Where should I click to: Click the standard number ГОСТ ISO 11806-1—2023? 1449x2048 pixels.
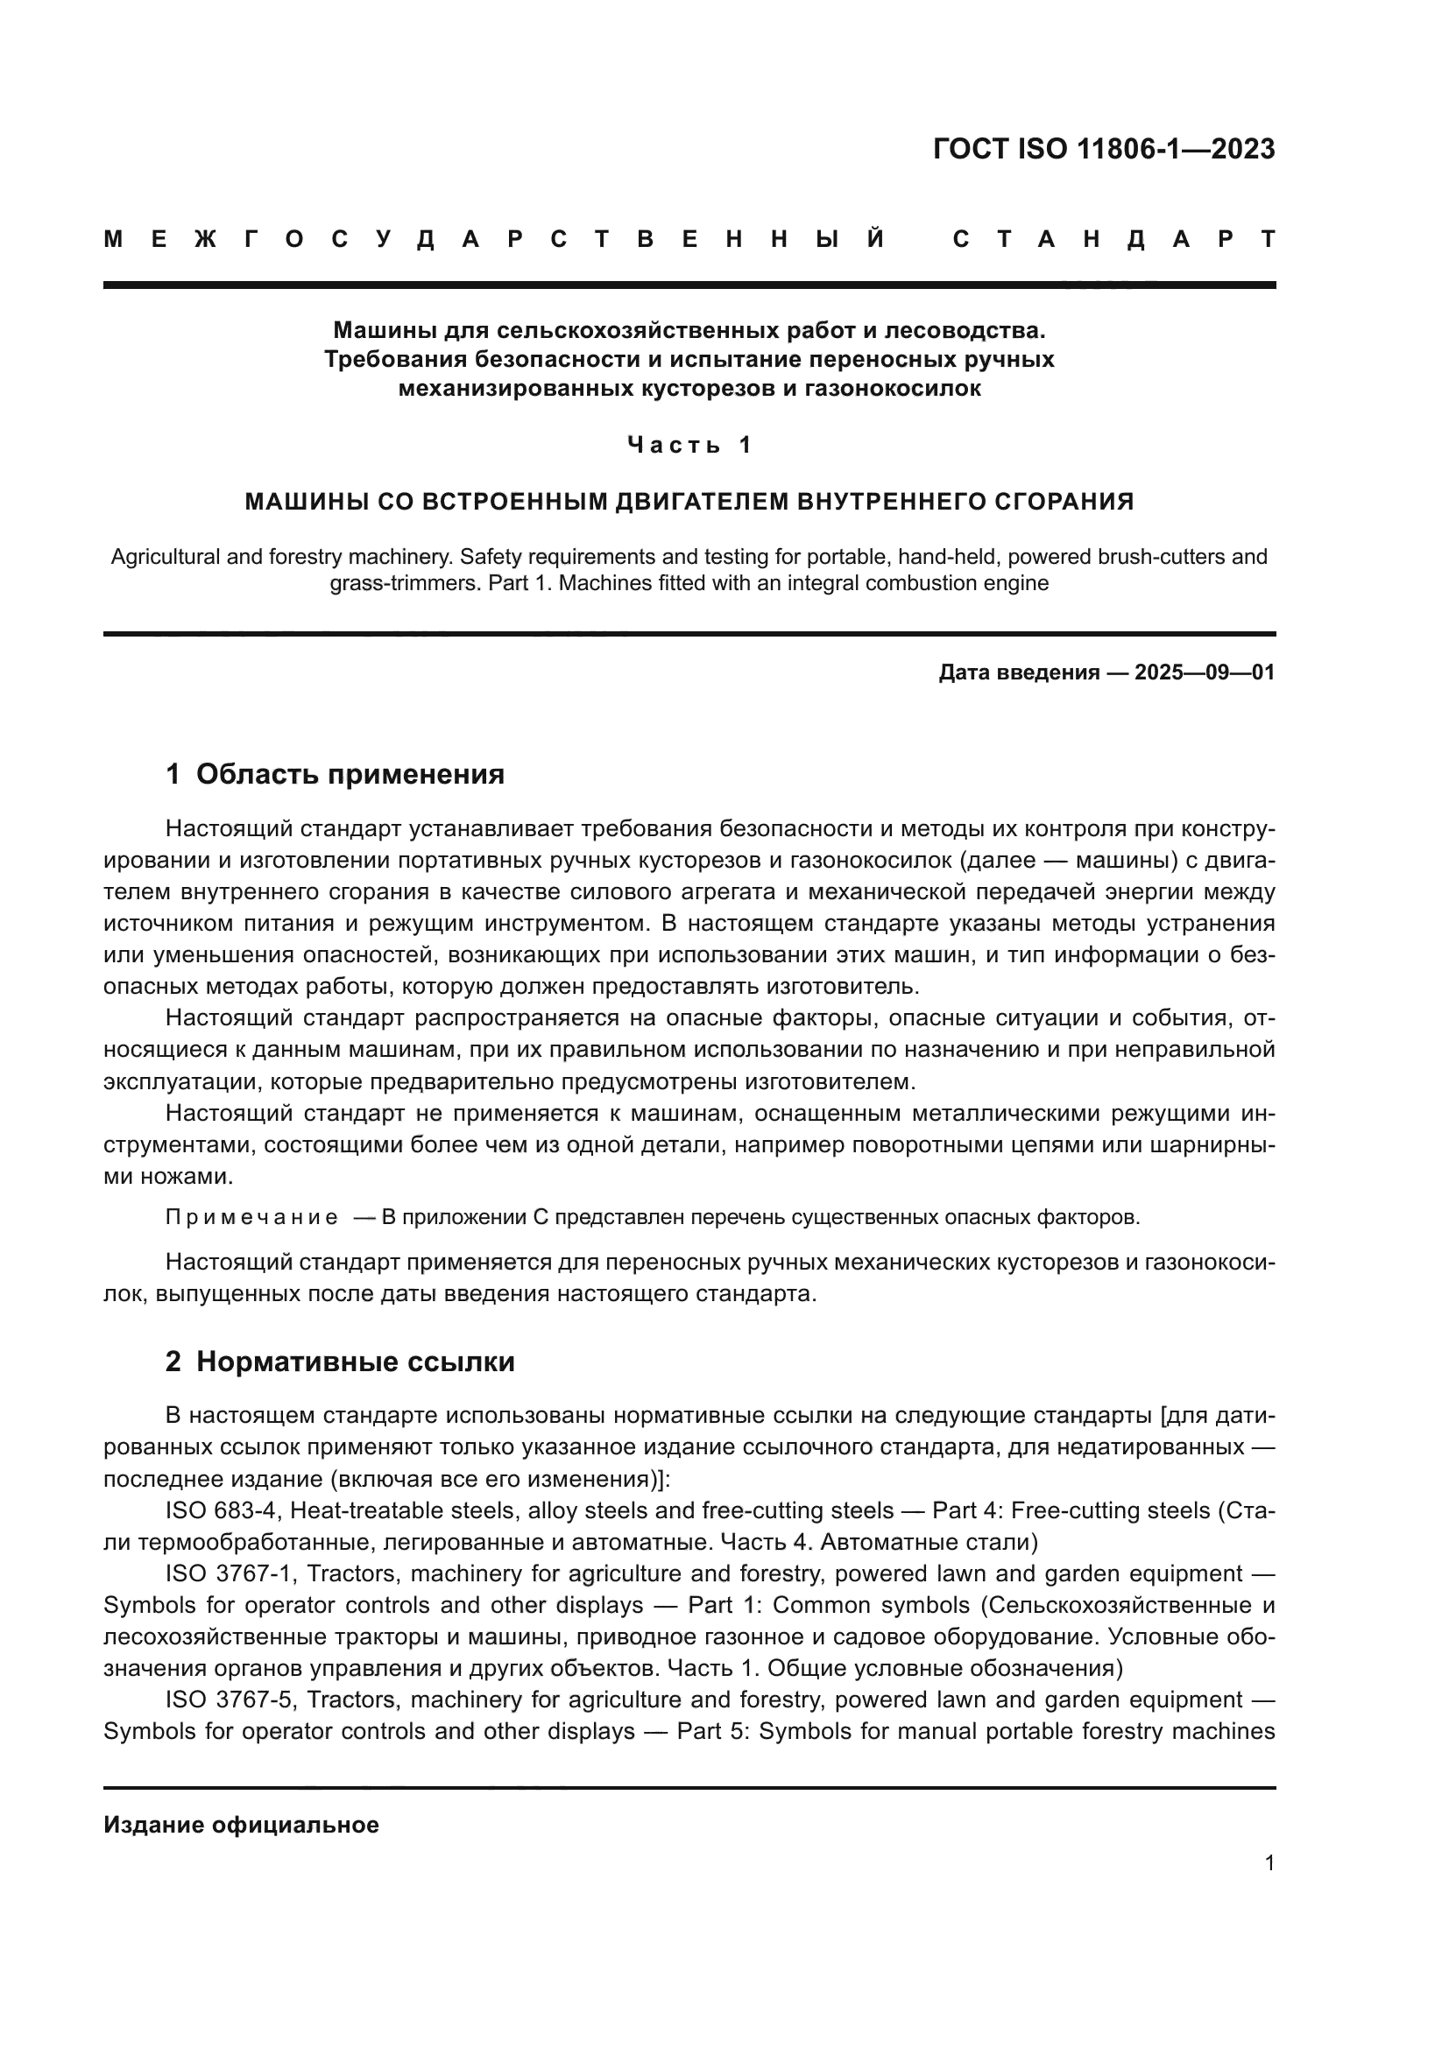click(1104, 149)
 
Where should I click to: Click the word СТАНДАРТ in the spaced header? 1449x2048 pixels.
click(1114, 239)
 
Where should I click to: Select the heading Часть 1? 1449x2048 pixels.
click(689, 444)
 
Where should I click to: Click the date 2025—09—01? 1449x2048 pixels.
click(1205, 672)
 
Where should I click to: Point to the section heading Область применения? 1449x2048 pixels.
click(350, 774)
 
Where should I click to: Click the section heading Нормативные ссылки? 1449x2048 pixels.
click(355, 1362)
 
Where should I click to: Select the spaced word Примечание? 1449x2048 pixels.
click(251, 1218)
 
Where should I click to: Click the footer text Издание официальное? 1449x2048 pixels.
click(241, 1825)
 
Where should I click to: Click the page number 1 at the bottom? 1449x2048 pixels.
click(1269, 1862)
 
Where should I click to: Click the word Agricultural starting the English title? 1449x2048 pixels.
click(165, 557)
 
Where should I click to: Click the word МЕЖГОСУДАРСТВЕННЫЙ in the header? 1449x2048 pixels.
click(495, 239)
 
